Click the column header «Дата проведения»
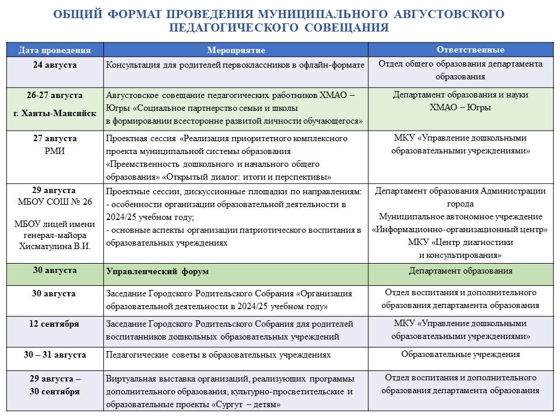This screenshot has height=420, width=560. [x=55, y=50]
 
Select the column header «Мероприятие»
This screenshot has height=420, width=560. [x=236, y=50]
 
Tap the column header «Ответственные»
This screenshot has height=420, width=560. [x=461, y=50]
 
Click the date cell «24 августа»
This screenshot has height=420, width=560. [x=55, y=64]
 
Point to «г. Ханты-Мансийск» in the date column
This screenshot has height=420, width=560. [x=55, y=113]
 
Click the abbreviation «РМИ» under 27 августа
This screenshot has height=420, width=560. [x=55, y=149]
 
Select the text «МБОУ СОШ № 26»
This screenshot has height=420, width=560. [x=55, y=202]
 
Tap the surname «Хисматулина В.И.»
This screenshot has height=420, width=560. [x=55, y=246]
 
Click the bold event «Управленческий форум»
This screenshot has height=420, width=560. [x=157, y=272]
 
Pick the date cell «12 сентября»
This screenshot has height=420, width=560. [x=55, y=324]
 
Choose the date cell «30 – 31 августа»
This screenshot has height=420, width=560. [x=55, y=355]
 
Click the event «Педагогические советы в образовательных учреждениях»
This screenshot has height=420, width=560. [x=218, y=355]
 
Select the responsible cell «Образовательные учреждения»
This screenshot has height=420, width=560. [x=461, y=354]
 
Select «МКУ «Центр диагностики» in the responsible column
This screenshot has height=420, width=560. [x=461, y=243]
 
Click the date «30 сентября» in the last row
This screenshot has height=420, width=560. [x=55, y=391]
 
